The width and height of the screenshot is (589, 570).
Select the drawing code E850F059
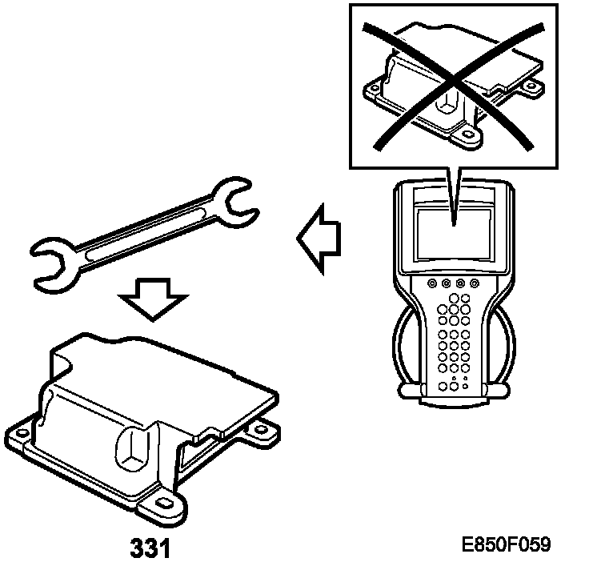506,545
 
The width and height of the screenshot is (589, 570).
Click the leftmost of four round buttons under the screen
432,284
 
